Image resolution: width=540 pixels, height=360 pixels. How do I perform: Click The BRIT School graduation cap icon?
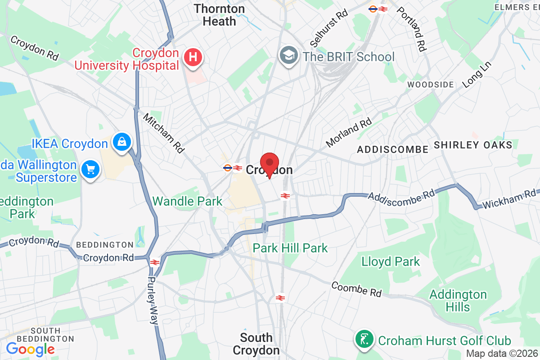coord(287,56)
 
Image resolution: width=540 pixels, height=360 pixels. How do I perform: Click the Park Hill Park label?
coord(290,247)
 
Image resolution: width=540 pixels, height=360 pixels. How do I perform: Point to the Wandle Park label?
coord(188,201)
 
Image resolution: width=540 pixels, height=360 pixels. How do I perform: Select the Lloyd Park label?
coord(391,261)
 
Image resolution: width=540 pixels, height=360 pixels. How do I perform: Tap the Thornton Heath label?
coord(220,15)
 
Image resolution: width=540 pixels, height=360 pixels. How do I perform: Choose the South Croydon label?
coord(256,344)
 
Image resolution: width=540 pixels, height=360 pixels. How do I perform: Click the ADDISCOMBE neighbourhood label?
coord(392,149)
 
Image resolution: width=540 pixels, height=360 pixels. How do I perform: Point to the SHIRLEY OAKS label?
coord(473,145)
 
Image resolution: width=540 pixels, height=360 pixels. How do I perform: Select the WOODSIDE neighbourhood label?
coord(430,85)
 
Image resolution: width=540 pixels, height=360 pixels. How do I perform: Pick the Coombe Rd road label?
coord(356,289)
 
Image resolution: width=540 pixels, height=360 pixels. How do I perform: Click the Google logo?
coord(30,348)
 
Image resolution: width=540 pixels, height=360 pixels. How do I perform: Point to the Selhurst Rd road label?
coord(329,28)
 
